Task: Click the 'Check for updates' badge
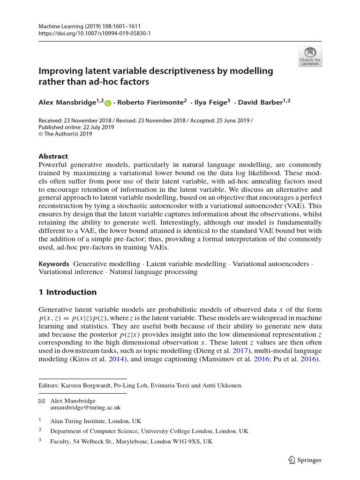click(310, 56)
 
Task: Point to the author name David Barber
click(260, 103)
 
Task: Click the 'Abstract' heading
click(53, 157)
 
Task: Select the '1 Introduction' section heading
click(67, 292)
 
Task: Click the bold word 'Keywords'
click(54, 264)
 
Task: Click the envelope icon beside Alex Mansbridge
click(41, 401)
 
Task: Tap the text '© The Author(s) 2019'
click(65, 134)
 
